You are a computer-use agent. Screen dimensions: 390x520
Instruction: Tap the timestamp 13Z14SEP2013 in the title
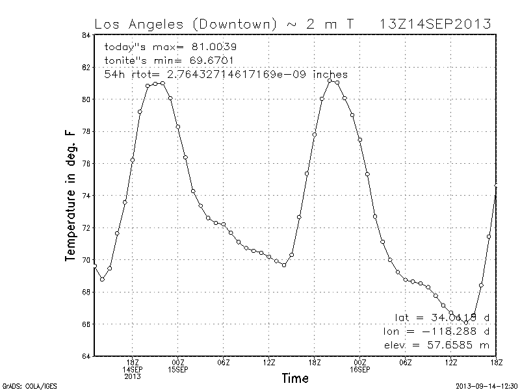click(435, 25)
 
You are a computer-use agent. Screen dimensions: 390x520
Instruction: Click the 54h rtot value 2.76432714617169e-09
click(238, 75)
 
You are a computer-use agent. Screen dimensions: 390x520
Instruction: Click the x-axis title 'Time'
click(295, 378)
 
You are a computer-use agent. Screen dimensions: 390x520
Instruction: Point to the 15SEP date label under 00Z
click(178, 369)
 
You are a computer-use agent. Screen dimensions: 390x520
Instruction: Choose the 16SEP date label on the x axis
click(360, 369)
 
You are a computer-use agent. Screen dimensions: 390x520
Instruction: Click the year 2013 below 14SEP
click(133, 376)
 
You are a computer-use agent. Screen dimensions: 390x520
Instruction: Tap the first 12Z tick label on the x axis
click(269, 362)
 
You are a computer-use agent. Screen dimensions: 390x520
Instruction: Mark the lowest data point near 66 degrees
click(466, 322)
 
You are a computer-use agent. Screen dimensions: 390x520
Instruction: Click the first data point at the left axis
click(95, 266)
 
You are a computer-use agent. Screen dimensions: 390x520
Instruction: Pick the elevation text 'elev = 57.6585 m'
click(437, 345)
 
